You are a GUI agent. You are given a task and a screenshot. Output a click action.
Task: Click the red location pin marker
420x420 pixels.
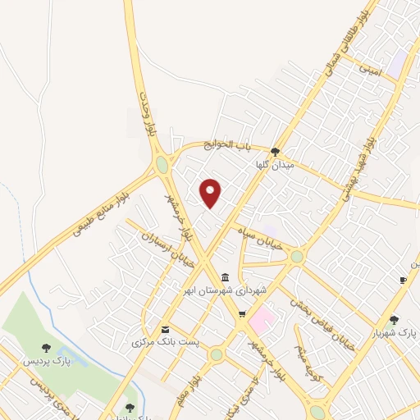[x=211, y=193]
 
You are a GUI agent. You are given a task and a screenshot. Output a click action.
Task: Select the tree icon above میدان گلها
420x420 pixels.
[x=276, y=152]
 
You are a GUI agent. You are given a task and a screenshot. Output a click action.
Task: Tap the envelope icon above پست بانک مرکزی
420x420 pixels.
[x=166, y=330]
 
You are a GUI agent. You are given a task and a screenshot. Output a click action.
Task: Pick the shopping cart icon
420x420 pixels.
[x=241, y=314]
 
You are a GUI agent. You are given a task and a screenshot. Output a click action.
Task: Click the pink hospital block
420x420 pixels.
[x=262, y=316]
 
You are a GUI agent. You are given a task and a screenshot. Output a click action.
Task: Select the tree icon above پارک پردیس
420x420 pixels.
[x=45, y=348]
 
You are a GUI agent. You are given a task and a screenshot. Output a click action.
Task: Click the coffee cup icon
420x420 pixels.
[x=402, y=281]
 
